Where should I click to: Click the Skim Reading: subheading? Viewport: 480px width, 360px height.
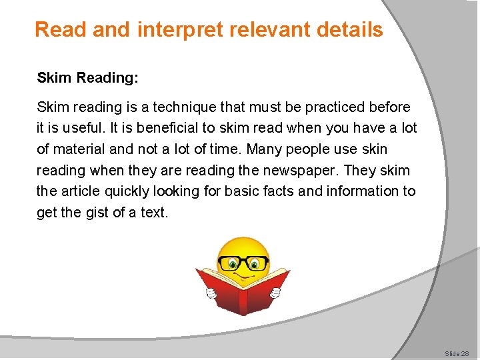pos(87,78)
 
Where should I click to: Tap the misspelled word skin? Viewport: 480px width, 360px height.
pos(374,149)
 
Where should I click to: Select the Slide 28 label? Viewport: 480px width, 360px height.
pos(457,353)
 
